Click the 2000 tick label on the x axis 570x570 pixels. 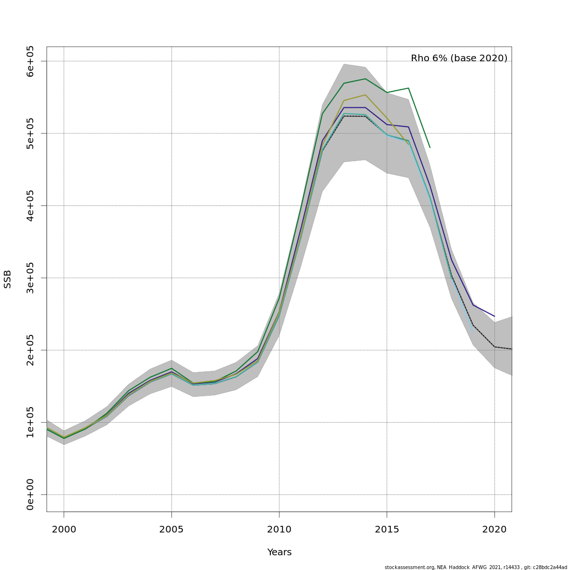tap(64, 529)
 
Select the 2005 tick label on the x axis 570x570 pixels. tap(171, 529)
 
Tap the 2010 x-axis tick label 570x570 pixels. tap(279, 529)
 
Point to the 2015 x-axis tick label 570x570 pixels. tap(387, 529)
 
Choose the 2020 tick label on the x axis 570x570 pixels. tap(494, 529)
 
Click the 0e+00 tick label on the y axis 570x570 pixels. tap(30, 494)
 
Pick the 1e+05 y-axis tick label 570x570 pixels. tap(30, 422)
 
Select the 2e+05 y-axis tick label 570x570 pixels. tap(30, 350)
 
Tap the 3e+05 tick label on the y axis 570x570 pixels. tap(30, 278)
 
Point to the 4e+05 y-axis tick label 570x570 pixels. tap(30, 206)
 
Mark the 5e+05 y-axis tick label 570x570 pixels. tap(30, 133)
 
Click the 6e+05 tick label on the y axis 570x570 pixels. tap(30, 61)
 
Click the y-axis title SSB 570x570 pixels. tap(8, 279)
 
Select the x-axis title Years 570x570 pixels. tap(279, 552)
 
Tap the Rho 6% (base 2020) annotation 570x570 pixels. tap(459, 58)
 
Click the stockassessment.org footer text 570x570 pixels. tap(475, 567)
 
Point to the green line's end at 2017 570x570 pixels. tap(430, 147)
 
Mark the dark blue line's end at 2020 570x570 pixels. tap(494, 316)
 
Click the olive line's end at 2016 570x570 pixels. tap(408, 144)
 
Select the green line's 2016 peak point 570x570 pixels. tap(408, 88)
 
